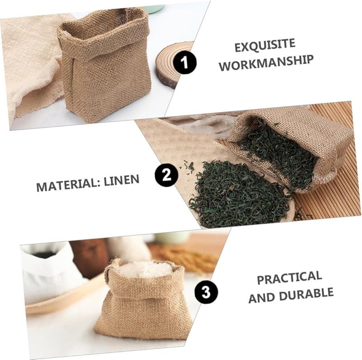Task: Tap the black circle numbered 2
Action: coord(165,175)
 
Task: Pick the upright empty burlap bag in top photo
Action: coord(105,68)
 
